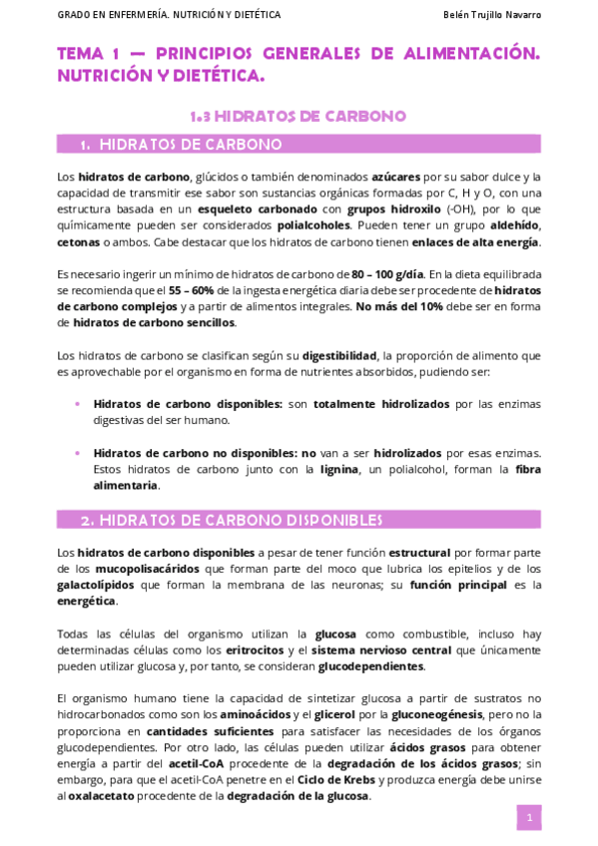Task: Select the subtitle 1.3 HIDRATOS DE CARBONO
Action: (x=299, y=116)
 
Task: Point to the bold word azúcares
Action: (x=395, y=177)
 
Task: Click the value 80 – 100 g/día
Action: (x=387, y=274)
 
